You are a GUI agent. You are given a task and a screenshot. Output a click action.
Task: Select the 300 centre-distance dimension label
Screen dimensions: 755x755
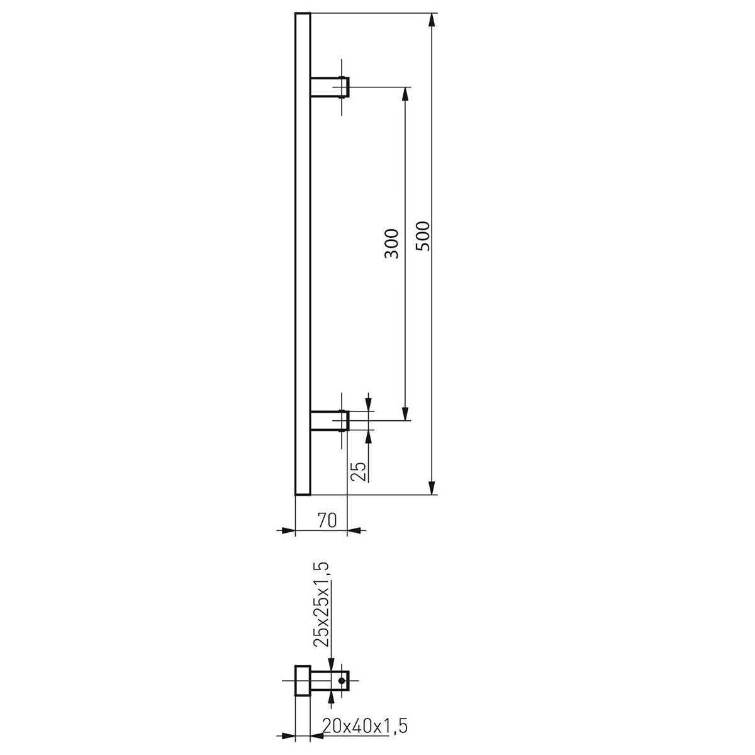pos(391,243)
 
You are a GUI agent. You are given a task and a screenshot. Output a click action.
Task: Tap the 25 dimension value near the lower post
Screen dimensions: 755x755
pos(357,471)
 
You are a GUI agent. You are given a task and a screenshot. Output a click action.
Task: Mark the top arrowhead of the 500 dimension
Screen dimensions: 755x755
pos(432,20)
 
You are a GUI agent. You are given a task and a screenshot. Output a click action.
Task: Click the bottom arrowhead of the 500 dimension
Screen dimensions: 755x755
pos(432,488)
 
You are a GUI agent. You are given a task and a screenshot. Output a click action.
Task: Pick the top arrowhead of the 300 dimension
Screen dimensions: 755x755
pos(406,93)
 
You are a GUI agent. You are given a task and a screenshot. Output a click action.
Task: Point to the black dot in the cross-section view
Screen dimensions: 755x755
pos(342,680)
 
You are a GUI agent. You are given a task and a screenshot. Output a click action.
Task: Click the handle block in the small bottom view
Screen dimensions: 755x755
pos(303,680)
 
